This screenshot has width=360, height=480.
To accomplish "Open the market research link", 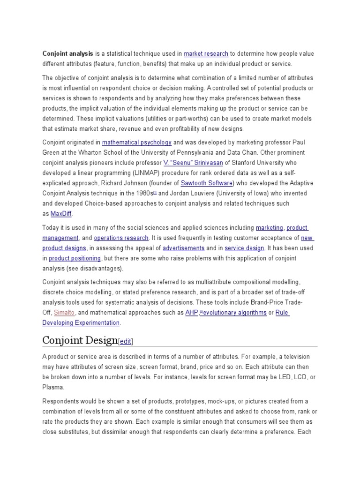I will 206,53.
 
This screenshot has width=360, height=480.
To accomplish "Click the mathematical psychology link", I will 136,142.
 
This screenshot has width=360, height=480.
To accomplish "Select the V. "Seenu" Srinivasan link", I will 193,163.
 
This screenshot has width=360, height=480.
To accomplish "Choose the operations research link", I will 121,238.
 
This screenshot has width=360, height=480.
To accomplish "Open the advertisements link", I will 183,248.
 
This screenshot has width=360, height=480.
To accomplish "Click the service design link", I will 244,248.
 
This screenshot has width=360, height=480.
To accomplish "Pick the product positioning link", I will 75,258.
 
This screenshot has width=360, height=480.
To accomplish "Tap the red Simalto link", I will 64,312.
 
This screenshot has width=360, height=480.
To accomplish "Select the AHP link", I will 191,312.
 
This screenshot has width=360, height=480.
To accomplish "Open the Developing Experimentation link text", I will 81,322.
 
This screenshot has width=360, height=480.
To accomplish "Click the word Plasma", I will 53,388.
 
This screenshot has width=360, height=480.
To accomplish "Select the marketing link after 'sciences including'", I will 270,228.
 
